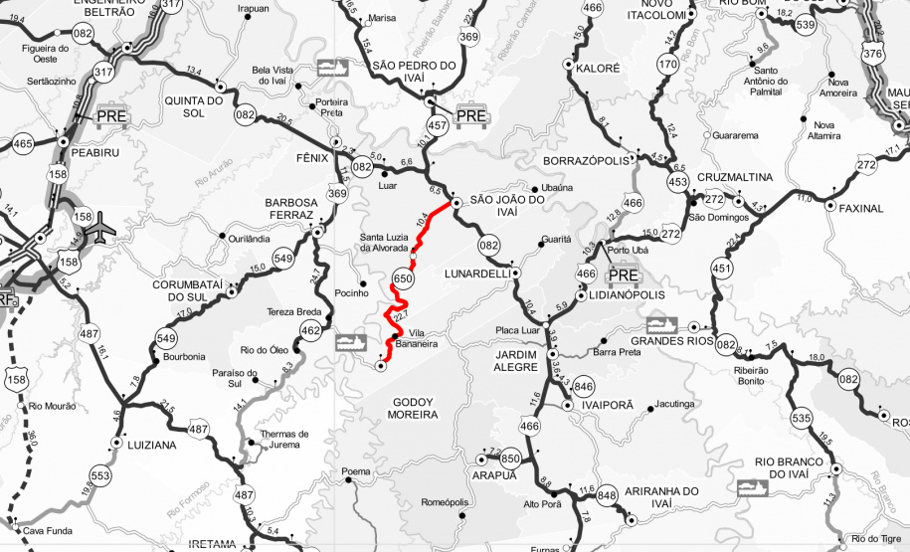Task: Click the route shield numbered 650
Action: coord(403,278)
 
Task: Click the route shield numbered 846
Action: coord(584,387)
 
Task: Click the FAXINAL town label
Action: coord(860,209)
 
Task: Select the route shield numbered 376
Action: coord(873,53)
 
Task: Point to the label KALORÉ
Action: coord(598,69)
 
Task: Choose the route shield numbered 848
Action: coord(608,495)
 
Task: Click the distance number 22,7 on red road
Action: coord(401,317)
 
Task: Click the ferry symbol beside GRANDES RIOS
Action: coord(661,325)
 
